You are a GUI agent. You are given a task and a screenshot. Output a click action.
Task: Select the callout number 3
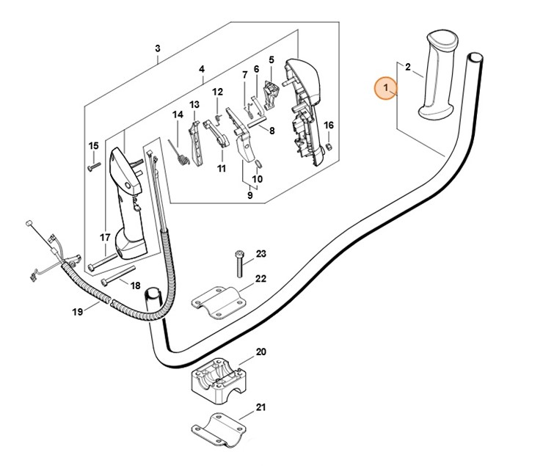pyautogui.click(x=157, y=49)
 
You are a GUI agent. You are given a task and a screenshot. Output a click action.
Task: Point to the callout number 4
pyautogui.click(x=201, y=70)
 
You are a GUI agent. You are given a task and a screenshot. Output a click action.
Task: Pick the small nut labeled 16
pyautogui.click(x=329, y=147)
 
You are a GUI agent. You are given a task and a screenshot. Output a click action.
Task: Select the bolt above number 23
pyautogui.click(x=239, y=262)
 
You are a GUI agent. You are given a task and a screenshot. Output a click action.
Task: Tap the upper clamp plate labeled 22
pyautogui.click(x=219, y=301)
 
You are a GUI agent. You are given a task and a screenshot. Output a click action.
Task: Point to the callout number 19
pyautogui.click(x=77, y=313)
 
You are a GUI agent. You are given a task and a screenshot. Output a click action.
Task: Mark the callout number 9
pyautogui.click(x=249, y=196)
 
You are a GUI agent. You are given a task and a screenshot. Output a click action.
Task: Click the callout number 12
pyautogui.click(x=217, y=92)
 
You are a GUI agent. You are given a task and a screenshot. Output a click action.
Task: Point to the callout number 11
pyautogui.click(x=221, y=168)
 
